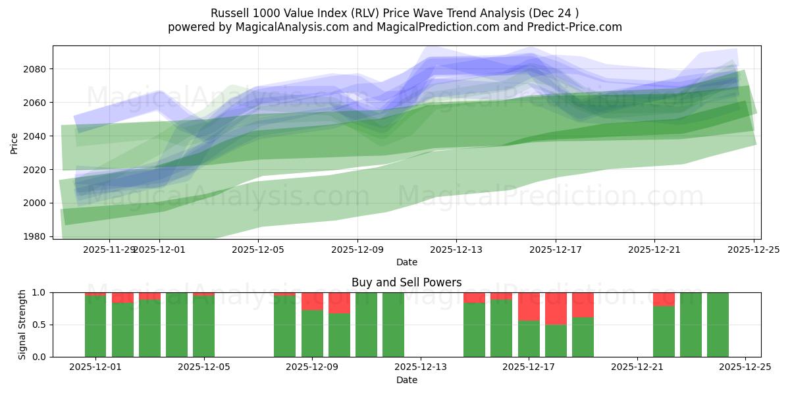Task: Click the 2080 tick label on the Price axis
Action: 36,69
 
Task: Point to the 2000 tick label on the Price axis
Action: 36,203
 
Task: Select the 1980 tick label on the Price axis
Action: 36,236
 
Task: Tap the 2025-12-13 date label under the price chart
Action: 456,250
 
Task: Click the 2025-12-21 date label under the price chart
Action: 654,250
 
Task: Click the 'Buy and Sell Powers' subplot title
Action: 406,282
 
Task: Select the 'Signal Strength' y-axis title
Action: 22,325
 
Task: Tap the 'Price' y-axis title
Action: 14,142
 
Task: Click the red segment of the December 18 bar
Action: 556,308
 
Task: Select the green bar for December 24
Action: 718,325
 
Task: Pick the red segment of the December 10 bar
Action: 339,303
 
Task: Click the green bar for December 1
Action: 95,326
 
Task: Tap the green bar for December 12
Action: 393,325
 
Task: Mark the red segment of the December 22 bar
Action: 664,300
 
